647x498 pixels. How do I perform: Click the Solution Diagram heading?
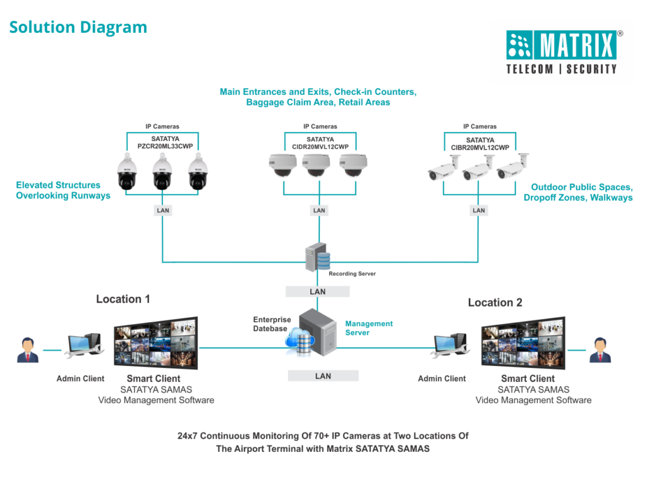(x=78, y=27)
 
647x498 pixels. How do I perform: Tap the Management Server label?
(x=369, y=328)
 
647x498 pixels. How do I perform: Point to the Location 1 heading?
(x=123, y=299)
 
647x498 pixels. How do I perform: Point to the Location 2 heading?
(x=495, y=303)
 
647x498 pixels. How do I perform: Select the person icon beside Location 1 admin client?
(x=27, y=349)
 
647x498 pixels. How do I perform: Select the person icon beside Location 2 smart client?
(x=600, y=349)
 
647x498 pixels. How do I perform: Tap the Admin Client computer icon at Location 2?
(x=450, y=347)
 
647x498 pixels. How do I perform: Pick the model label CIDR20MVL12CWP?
(x=320, y=147)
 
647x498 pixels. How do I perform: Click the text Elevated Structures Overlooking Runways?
(x=63, y=190)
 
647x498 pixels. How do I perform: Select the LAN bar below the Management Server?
(x=323, y=376)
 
